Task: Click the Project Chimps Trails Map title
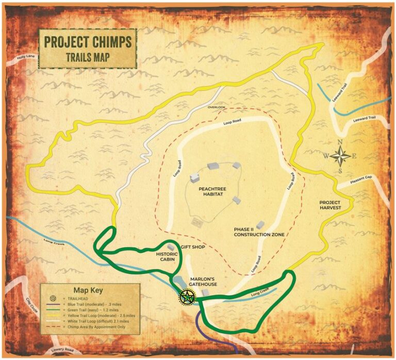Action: pos(88,48)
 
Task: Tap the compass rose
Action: pos(341,155)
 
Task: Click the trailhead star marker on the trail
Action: pos(186,297)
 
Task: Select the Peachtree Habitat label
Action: pos(213,192)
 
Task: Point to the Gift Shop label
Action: pos(193,247)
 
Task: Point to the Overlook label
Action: pos(217,107)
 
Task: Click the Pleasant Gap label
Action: pos(360,179)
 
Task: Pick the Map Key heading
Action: pos(89,290)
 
